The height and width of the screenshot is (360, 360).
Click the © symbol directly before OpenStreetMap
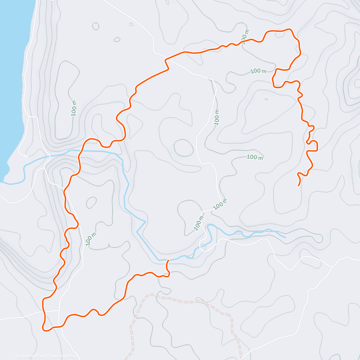click(47, 356)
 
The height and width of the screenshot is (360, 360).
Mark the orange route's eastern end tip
click(298, 185)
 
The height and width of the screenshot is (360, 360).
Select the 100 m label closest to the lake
click(74, 108)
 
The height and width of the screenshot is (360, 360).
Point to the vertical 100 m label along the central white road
click(217, 117)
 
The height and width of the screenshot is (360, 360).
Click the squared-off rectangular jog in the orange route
click(315, 146)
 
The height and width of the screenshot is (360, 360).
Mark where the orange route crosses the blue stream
click(80, 151)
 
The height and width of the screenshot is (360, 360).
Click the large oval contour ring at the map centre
click(183, 148)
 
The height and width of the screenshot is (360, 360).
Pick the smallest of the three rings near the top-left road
click(131, 25)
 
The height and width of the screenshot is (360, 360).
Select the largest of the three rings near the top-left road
click(96, 26)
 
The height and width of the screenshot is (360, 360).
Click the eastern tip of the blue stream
click(285, 237)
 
